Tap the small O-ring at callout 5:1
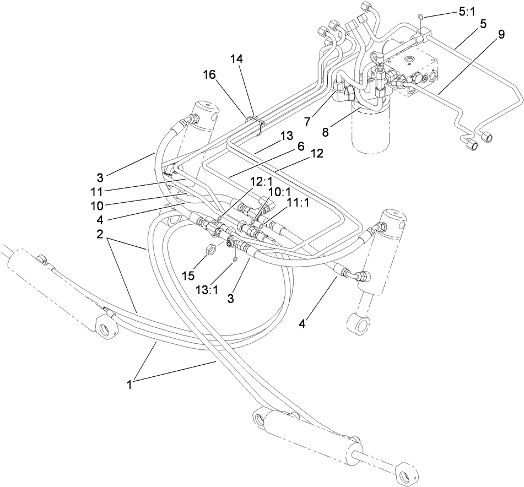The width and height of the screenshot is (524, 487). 422,16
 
